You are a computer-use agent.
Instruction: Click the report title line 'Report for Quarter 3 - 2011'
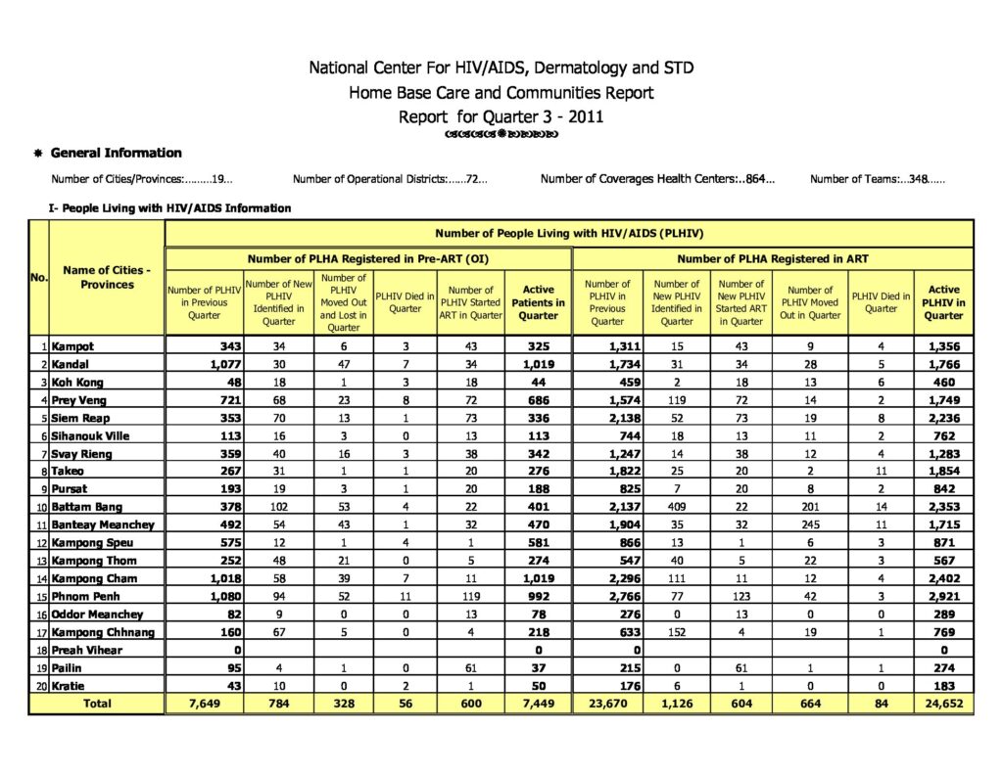click(x=501, y=116)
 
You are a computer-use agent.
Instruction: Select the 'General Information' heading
click(x=116, y=153)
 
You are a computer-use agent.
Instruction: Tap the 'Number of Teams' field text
click(x=877, y=179)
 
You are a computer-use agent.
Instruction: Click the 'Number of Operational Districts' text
click(x=390, y=179)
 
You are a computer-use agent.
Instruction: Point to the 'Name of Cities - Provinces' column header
click(x=106, y=277)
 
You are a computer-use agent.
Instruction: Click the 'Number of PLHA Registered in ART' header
click(x=773, y=258)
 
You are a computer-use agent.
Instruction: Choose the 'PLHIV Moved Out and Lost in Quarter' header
click(x=343, y=302)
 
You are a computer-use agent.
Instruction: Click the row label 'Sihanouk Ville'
click(x=89, y=435)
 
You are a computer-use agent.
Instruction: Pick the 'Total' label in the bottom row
click(x=96, y=704)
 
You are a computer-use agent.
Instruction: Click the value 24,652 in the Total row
click(x=942, y=704)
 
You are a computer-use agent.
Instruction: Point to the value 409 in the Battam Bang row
click(x=676, y=507)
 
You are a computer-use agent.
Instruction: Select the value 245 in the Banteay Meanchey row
click(x=810, y=524)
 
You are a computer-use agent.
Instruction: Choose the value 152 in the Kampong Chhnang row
click(x=676, y=631)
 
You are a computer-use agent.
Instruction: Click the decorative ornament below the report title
click(x=501, y=134)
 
